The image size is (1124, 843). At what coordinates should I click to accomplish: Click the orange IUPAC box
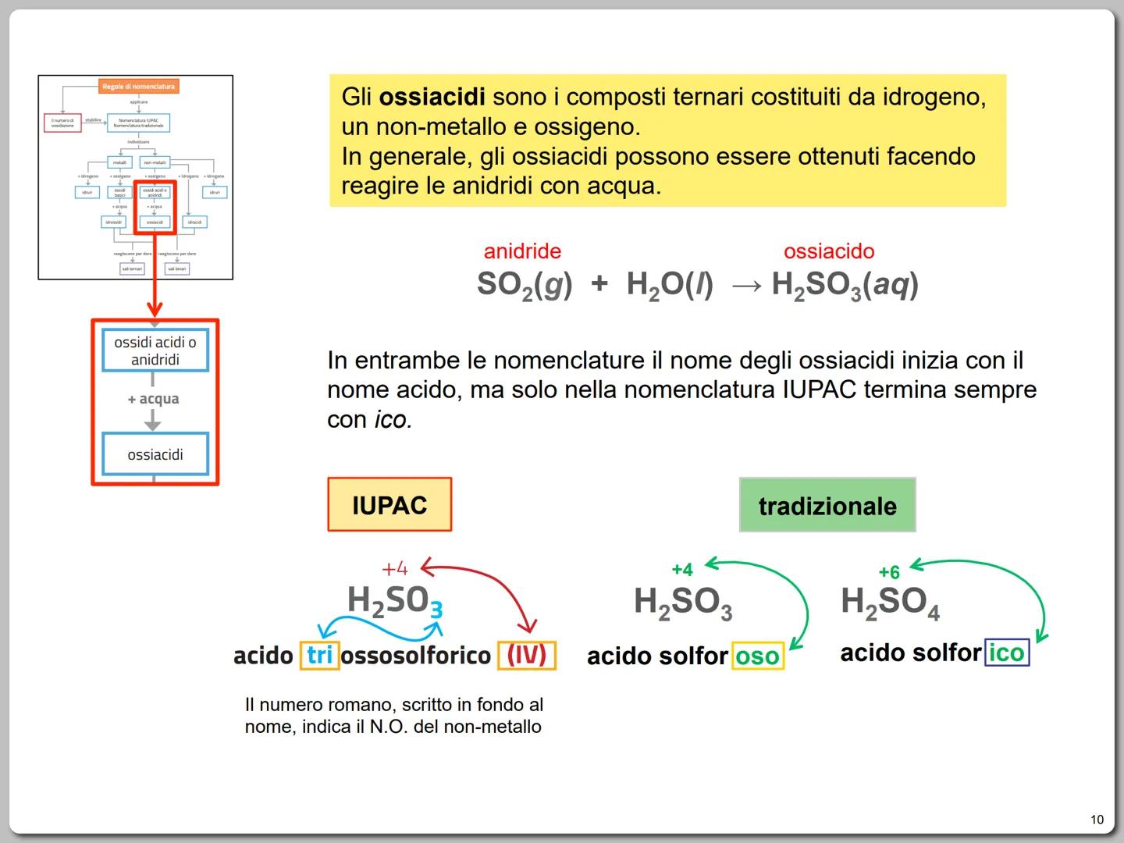coord(389,505)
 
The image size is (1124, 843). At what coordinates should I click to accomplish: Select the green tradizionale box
coord(827,506)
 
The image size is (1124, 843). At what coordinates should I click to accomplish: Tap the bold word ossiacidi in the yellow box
coord(432,98)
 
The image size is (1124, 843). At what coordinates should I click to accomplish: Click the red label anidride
coord(522,251)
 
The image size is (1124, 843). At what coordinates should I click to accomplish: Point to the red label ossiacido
coord(829,251)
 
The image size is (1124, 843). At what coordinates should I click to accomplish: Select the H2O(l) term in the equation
coord(670,286)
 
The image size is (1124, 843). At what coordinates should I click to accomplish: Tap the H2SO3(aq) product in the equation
coord(845,286)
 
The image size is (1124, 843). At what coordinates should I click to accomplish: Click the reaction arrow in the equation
coord(746,286)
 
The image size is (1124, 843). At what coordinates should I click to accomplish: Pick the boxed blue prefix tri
coord(319,655)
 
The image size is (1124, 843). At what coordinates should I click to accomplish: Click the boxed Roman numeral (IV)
coord(527,655)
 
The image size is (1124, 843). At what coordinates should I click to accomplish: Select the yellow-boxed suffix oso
coord(757,656)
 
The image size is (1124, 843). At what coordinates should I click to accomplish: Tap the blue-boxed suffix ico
coord(1007,653)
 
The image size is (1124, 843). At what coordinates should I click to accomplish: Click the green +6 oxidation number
coord(889,572)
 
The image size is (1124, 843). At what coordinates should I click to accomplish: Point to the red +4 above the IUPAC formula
coord(395,568)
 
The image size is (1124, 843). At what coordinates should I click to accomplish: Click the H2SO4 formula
coord(891,603)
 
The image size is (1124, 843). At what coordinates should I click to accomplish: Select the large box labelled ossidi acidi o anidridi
coord(155,351)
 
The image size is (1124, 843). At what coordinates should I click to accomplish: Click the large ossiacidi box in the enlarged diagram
coord(155,454)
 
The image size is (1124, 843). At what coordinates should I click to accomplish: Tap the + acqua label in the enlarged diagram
coord(154,399)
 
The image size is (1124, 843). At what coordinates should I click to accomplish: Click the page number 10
coord(1097,820)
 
